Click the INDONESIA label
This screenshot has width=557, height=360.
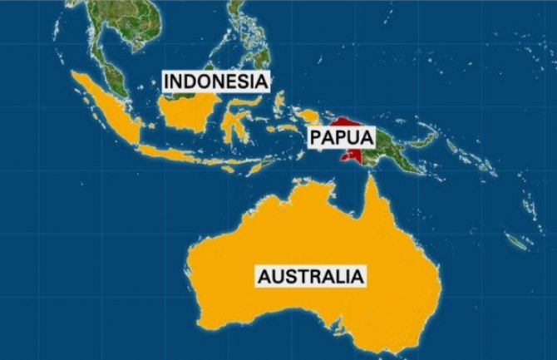[218, 81]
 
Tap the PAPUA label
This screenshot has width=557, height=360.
[342, 137]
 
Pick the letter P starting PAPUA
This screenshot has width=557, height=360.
[317, 137]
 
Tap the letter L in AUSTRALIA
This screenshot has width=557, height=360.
[340, 276]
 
